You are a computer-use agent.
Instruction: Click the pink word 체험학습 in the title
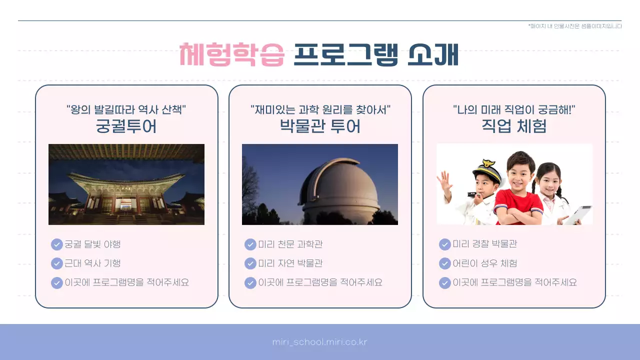pos(232,54)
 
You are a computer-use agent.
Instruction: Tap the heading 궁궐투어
pos(126,126)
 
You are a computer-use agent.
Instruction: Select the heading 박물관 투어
pos(320,126)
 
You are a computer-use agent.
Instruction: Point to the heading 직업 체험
pos(514,126)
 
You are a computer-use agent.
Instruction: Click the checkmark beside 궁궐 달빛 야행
pos(57,244)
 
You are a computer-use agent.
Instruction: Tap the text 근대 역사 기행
pos(93,263)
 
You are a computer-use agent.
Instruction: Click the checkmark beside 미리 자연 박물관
pos(250,263)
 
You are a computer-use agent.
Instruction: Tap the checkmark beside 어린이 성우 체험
pos(444,263)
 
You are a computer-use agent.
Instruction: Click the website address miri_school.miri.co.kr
pos(320,342)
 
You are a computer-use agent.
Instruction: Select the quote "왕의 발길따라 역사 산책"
pos(126,109)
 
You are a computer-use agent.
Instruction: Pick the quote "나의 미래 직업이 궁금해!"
pos(514,109)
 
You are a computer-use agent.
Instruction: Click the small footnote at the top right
pos(575,26)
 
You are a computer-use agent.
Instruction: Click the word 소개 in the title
pos(433,54)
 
